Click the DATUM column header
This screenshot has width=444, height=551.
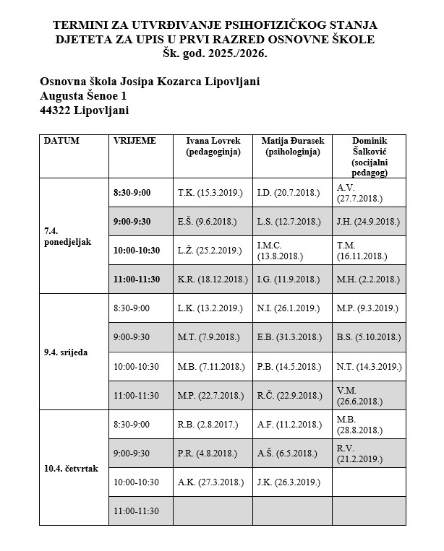[61, 141]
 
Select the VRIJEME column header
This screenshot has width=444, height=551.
[135, 141]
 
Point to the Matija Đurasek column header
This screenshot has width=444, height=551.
[292, 147]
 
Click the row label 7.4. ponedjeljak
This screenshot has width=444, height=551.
[68, 236]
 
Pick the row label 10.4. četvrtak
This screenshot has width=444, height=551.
[71, 468]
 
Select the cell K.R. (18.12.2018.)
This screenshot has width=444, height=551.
[213, 279]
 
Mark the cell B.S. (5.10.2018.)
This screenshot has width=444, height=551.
[369, 337]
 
